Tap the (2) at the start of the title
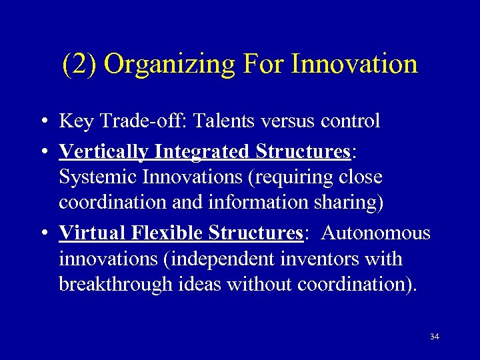coord(79,65)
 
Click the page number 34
coord(434,337)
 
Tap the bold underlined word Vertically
coord(103,153)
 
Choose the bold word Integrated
coord(202,153)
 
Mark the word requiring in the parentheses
coord(295,177)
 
